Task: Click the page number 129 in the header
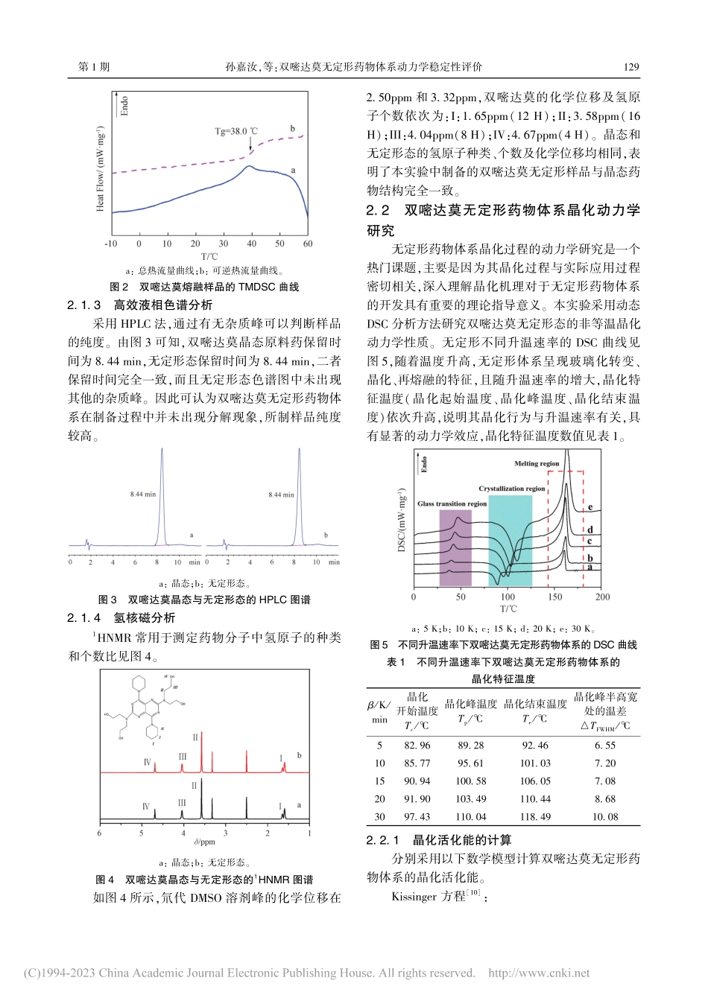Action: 630,67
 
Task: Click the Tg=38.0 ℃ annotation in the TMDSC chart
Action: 236,131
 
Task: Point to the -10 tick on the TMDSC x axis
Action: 110,244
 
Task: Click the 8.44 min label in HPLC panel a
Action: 142,494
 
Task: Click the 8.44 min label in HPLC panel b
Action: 281,495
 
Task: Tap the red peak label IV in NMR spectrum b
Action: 147,763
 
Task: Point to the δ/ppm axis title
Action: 204,842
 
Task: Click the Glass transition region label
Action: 452,504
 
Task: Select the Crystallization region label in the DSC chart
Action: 511,489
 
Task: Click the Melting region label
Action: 537,463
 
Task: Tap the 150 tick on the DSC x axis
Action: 555,597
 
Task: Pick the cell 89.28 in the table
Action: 470,746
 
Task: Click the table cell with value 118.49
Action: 535,817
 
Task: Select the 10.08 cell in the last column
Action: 605,817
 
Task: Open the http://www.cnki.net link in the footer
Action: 538,973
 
